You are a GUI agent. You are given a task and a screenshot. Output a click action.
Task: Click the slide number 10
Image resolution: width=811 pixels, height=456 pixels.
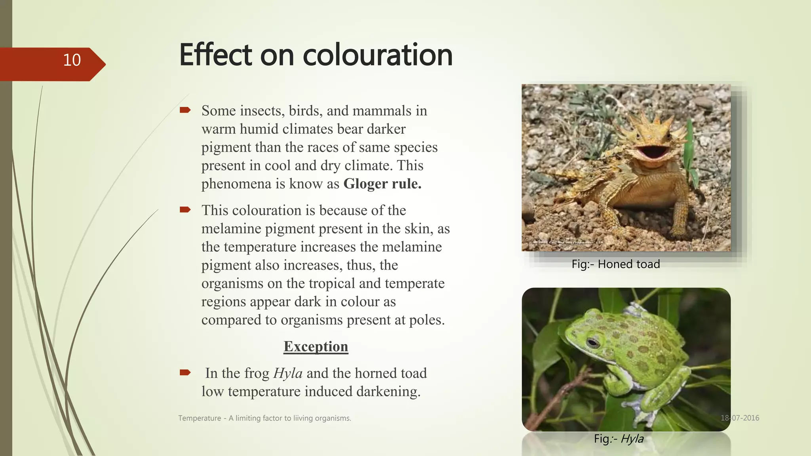coord(72,60)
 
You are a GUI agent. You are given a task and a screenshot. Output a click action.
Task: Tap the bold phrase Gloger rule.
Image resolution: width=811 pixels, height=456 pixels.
coord(382,184)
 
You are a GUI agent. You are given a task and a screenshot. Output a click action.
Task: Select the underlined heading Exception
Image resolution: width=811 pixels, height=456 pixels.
coord(316,346)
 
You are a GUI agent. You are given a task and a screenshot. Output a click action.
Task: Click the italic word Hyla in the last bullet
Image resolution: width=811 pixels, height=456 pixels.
coord(288,373)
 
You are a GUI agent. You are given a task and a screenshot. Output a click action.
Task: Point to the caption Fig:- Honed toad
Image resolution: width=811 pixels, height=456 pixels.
coord(615,264)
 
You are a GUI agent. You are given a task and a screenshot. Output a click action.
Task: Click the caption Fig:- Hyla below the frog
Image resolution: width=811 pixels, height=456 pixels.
coord(619,439)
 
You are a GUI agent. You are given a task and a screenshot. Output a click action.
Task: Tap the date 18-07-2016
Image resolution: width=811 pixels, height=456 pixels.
coord(740,418)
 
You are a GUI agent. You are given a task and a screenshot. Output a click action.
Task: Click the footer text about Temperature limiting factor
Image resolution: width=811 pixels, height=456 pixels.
coord(265,418)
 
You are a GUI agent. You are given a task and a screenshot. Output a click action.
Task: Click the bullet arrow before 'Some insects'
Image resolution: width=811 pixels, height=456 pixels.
coord(185,110)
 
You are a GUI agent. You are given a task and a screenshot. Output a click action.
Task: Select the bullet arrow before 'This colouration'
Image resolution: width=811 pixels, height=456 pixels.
coord(185,209)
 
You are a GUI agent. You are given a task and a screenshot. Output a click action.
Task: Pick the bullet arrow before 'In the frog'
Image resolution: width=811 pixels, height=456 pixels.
coord(185,372)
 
